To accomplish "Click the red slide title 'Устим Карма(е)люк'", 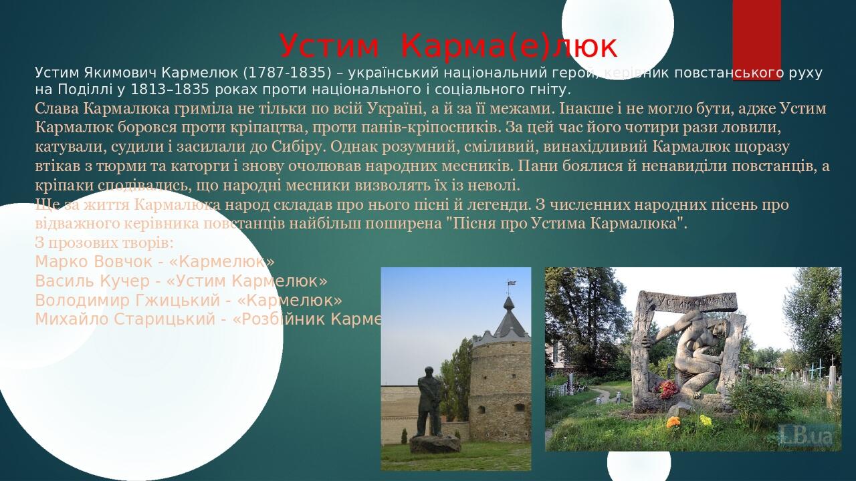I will click(x=448, y=46).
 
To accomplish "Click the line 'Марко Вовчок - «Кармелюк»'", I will click(x=154, y=261).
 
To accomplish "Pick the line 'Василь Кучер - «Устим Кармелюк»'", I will click(x=181, y=281).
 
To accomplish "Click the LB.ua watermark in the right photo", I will click(x=807, y=435).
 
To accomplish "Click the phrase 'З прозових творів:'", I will click(x=104, y=242).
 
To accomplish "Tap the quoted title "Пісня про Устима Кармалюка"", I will click(x=566, y=223).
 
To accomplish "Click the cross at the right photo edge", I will click(x=833, y=367).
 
